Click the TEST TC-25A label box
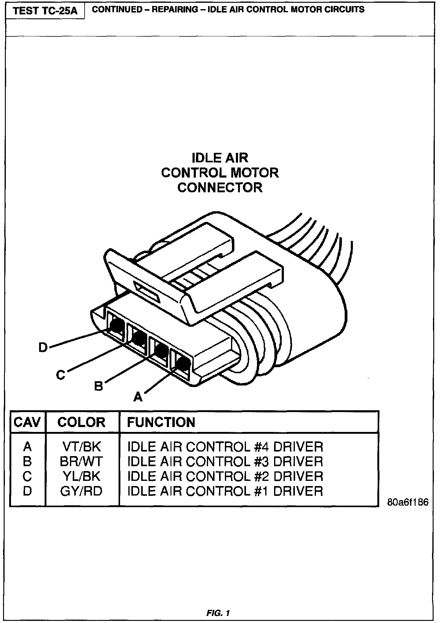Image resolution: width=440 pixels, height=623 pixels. tap(45, 11)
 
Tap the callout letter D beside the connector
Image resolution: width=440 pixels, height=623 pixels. tap(43, 348)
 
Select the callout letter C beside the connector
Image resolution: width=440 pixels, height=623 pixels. tap(61, 375)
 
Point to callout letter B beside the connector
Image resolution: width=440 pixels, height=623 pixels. tap(98, 386)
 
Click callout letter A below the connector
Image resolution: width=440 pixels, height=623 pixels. tap(138, 397)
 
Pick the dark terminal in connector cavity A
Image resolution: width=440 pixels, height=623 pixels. tap(182, 363)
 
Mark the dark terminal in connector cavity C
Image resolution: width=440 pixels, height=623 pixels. tap(139, 338)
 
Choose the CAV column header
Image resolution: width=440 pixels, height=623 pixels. tap(27, 422)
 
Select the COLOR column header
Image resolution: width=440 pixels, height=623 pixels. tap(81, 422)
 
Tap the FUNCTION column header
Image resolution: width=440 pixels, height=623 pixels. tap(161, 422)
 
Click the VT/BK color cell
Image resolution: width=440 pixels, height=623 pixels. tap(81, 447)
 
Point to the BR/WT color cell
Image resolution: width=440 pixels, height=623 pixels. tap(81, 462)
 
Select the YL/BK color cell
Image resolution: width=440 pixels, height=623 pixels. tap(81, 476)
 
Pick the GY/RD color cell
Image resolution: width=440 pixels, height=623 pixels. tap(81, 491)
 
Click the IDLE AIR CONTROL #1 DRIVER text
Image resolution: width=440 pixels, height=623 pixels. tap(225, 491)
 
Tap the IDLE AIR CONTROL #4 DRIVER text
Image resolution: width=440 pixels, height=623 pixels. tap(225, 447)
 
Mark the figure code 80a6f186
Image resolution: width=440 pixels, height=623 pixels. tap(408, 502)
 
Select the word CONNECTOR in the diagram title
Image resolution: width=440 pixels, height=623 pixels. tap(220, 187)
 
